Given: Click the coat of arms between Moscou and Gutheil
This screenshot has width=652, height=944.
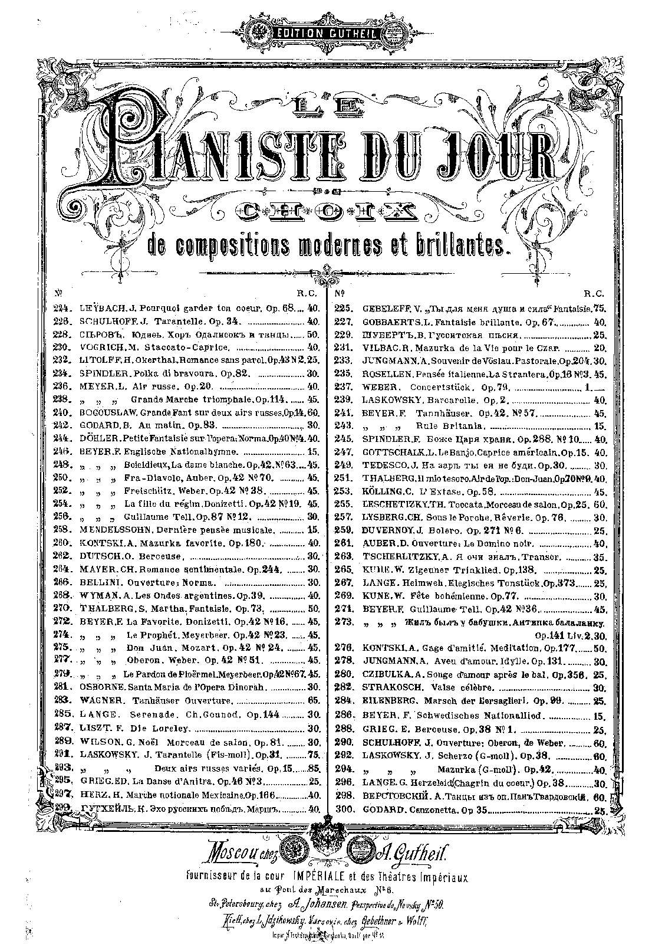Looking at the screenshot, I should (326, 849).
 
